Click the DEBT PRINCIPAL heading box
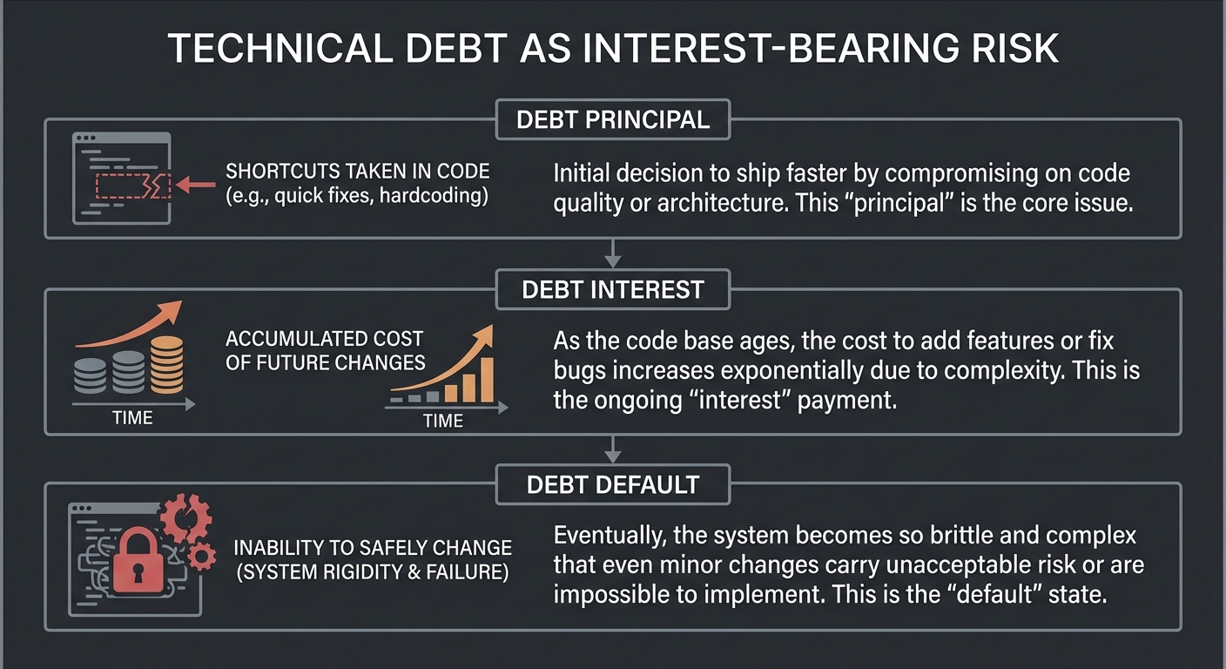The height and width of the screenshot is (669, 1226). click(x=612, y=119)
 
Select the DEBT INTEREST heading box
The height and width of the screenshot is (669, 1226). click(x=612, y=289)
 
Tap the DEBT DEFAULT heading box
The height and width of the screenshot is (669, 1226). click(x=612, y=483)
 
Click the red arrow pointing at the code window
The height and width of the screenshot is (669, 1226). click(x=195, y=184)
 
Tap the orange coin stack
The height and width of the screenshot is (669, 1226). click(x=167, y=364)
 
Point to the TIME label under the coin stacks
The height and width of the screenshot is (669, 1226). click(x=132, y=419)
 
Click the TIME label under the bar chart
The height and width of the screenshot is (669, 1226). click(x=442, y=422)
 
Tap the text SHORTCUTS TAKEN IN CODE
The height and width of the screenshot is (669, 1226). click(x=357, y=172)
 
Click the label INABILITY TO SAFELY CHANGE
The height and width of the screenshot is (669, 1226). click(x=372, y=549)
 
